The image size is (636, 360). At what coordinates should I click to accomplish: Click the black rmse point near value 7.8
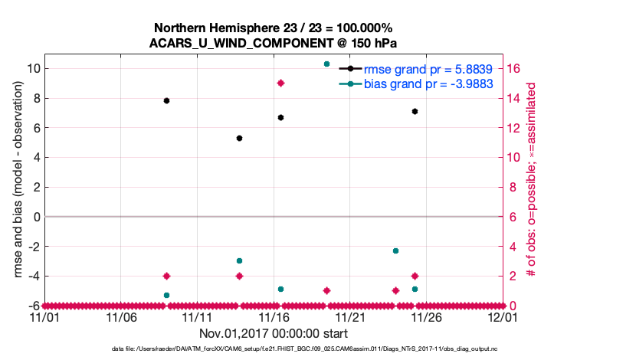click(166, 100)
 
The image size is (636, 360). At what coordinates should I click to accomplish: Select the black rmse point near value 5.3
click(239, 138)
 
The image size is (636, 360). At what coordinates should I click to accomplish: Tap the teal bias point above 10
click(327, 64)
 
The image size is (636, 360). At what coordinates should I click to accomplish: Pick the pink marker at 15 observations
click(281, 83)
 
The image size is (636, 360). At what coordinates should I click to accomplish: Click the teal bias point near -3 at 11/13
click(239, 261)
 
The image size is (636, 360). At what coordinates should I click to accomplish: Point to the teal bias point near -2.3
click(395, 250)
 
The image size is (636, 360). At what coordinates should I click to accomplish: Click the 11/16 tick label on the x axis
click(274, 316)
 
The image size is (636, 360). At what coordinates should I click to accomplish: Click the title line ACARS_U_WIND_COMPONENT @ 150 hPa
click(273, 43)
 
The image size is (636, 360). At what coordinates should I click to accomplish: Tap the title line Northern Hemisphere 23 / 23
click(273, 28)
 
